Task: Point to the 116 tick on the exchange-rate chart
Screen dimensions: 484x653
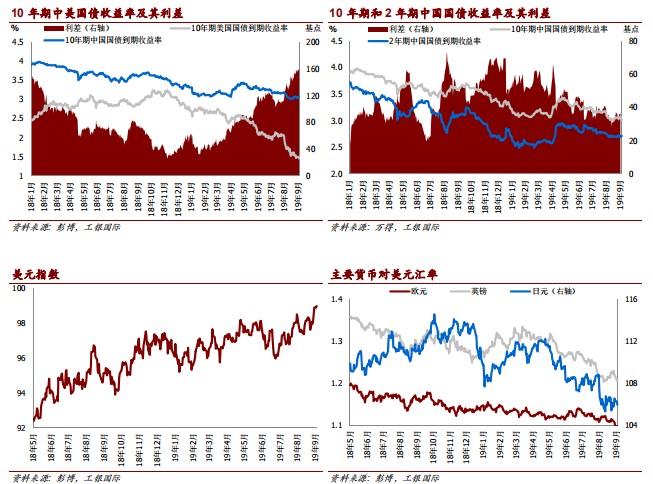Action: click(632, 300)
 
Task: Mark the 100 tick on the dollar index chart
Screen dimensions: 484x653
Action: click(20, 290)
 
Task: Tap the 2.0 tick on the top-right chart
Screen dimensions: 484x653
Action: click(337, 175)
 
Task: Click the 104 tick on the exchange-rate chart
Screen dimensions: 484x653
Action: click(632, 425)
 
